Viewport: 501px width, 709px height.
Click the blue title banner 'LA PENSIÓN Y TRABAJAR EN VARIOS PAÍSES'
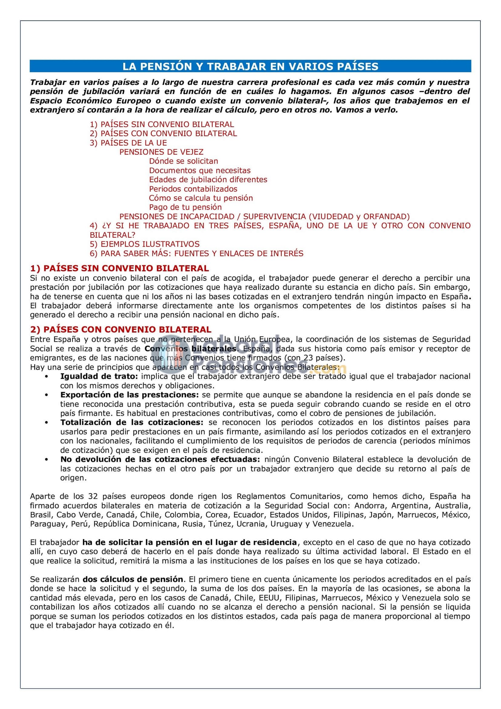(250, 66)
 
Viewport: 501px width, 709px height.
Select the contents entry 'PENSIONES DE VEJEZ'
(161, 152)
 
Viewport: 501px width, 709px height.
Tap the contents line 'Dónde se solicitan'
(183, 161)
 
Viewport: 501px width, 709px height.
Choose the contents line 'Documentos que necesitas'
(200, 170)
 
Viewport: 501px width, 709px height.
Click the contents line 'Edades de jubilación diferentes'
(208, 180)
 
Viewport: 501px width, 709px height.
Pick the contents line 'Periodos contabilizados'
(193, 189)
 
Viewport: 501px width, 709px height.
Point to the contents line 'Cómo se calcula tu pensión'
(201, 198)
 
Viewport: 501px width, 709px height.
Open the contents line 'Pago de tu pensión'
(185, 207)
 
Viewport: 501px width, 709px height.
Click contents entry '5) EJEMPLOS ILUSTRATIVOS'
(144, 244)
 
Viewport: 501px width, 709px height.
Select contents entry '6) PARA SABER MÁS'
(196, 253)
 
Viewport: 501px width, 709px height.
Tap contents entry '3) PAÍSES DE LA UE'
(128, 143)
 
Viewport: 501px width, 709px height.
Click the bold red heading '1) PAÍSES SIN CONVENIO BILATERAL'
(119, 268)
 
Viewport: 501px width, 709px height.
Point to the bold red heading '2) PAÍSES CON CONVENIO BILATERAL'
(121, 330)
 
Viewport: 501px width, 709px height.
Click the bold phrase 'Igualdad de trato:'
(99, 376)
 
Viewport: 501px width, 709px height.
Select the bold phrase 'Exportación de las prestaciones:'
(130, 395)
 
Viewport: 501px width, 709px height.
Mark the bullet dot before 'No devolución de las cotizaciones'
(47, 460)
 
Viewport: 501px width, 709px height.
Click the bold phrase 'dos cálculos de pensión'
(133, 579)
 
